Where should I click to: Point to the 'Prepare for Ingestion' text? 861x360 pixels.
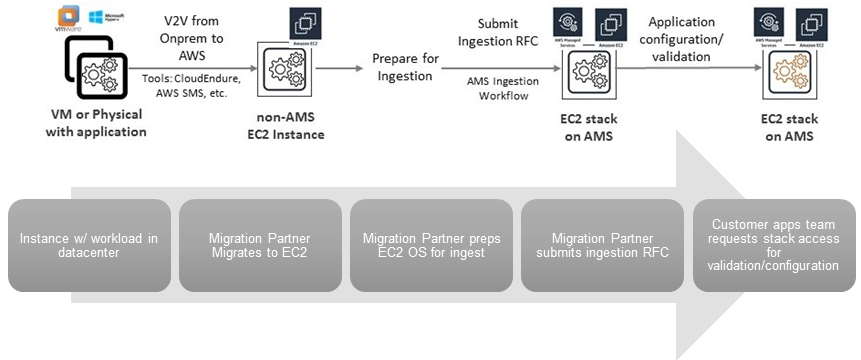[x=405, y=67]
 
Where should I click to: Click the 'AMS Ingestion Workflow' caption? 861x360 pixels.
[x=503, y=88]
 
